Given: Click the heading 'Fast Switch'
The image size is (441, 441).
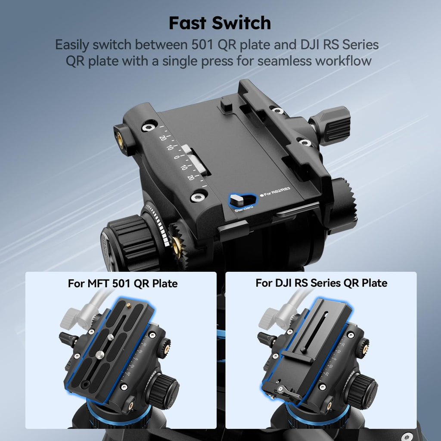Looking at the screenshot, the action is point(220,23).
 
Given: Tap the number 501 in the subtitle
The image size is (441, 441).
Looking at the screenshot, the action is point(202,45).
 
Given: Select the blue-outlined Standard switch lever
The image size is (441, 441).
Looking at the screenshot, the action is point(237,200).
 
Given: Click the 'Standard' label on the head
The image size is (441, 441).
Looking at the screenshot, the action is point(244,209).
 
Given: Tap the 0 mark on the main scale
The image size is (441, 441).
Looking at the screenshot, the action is point(177,157).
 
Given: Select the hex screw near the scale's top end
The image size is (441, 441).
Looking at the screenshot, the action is point(148,128).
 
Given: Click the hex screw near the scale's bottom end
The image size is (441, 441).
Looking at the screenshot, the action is point(198,197).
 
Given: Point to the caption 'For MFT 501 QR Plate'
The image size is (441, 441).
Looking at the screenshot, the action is point(123,283).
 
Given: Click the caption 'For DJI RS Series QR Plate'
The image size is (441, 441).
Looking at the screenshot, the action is point(321,283).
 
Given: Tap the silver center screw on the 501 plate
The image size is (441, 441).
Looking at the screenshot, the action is point(100,355).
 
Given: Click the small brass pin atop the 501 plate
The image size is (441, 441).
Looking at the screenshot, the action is point(128,305).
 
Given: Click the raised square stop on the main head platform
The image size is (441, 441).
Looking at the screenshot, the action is point(226,103).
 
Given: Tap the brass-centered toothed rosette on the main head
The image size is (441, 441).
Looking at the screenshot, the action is point(177,243).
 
